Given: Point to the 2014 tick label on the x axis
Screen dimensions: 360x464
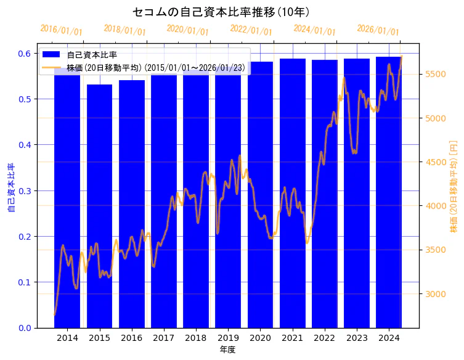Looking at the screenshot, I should point(67,338).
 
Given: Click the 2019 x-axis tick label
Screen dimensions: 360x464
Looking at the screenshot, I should point(228,338).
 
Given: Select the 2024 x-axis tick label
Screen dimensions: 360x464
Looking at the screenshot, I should point(389,338).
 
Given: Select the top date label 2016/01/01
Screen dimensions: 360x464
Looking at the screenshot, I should point(61,30).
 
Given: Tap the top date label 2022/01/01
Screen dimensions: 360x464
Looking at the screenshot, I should point(251,30).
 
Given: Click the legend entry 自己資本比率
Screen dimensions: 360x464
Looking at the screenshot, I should point(92,55).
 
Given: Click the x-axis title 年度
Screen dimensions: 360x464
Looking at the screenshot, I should point(227,350).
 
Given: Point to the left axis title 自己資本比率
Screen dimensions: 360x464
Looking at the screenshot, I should point(10,188).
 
